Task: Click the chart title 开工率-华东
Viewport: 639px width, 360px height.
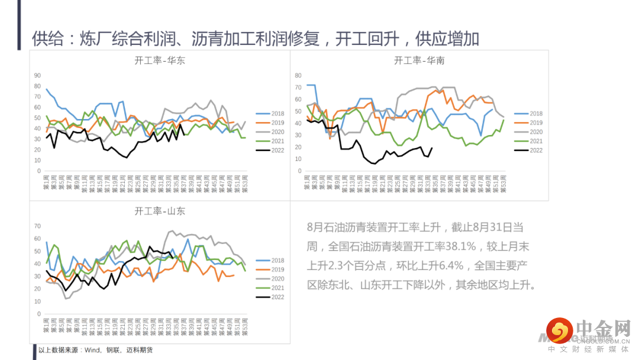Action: point(160,60)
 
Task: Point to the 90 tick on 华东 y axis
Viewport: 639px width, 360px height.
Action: point(37,76)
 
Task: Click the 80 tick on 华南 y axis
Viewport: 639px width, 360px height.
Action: point(298,76)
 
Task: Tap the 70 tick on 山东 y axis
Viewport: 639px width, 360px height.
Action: point(37,226)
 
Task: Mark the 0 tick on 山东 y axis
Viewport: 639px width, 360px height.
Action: point(39,314)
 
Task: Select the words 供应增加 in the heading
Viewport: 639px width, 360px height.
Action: point(447,39)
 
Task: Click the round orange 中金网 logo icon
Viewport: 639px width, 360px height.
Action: point(559,330)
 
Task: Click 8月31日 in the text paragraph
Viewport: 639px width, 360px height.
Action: point(489,227)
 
